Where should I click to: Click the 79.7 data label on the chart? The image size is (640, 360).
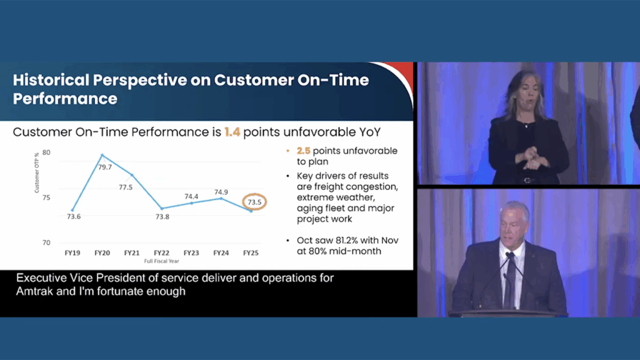(105, 167)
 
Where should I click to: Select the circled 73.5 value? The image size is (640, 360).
(254, 202)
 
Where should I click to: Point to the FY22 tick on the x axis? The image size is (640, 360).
(162, 253)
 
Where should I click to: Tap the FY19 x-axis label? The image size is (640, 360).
(72, 253)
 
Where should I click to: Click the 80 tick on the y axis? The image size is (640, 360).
(46, 152)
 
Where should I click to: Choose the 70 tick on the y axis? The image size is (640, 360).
(46, 243)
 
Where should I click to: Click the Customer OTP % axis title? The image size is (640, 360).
(37, 172)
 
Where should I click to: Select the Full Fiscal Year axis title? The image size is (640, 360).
(162, 261)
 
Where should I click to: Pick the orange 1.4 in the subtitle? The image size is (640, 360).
(232, 132)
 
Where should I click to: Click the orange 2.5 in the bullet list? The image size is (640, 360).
(304, 151)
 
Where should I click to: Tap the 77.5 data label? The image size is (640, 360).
(126, 187)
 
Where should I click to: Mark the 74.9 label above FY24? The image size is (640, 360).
(221, 192)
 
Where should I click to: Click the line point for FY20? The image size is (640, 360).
(102, 155)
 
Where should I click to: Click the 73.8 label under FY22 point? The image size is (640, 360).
(162, 217)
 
